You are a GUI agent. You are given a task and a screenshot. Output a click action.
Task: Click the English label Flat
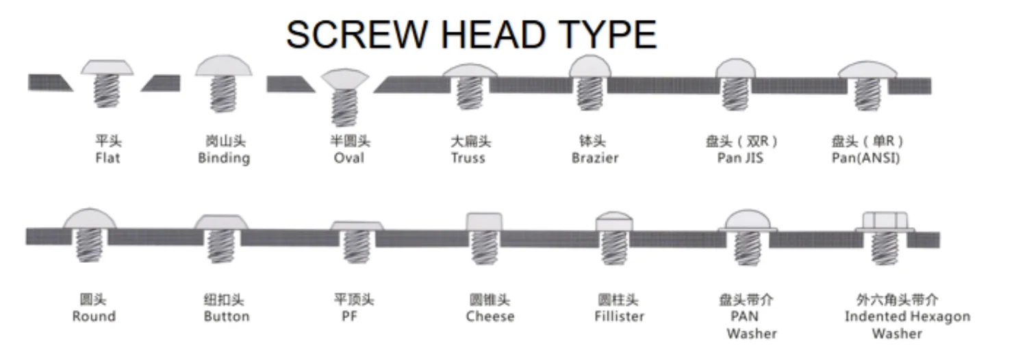[x=108, y=158]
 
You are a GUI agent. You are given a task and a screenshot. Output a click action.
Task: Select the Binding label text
[x=224, y=158]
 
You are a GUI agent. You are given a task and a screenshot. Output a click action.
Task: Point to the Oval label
[x=349, y=158]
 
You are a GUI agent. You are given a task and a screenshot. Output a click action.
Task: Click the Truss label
[x=468, y=158]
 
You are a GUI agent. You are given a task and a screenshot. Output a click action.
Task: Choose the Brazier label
[x=595, y=158]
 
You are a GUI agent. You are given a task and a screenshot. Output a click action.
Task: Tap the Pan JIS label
[x=740, y=158]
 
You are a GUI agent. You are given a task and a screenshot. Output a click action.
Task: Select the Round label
[x=94, y=316]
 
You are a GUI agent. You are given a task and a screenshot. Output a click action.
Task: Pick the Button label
[x=227, y=316]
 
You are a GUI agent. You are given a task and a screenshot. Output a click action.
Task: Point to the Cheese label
[x=490, y=316]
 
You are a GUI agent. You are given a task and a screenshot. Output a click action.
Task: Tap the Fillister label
[x=619, y=316]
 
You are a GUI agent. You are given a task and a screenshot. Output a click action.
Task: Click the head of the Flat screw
[x=107, y=67]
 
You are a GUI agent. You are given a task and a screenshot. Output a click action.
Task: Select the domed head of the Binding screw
[x=224, y=66]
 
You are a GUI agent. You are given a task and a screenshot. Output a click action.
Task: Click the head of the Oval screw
[x=345, y=79]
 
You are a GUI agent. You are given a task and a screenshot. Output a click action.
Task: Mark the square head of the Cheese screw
[x=484, y=222]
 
